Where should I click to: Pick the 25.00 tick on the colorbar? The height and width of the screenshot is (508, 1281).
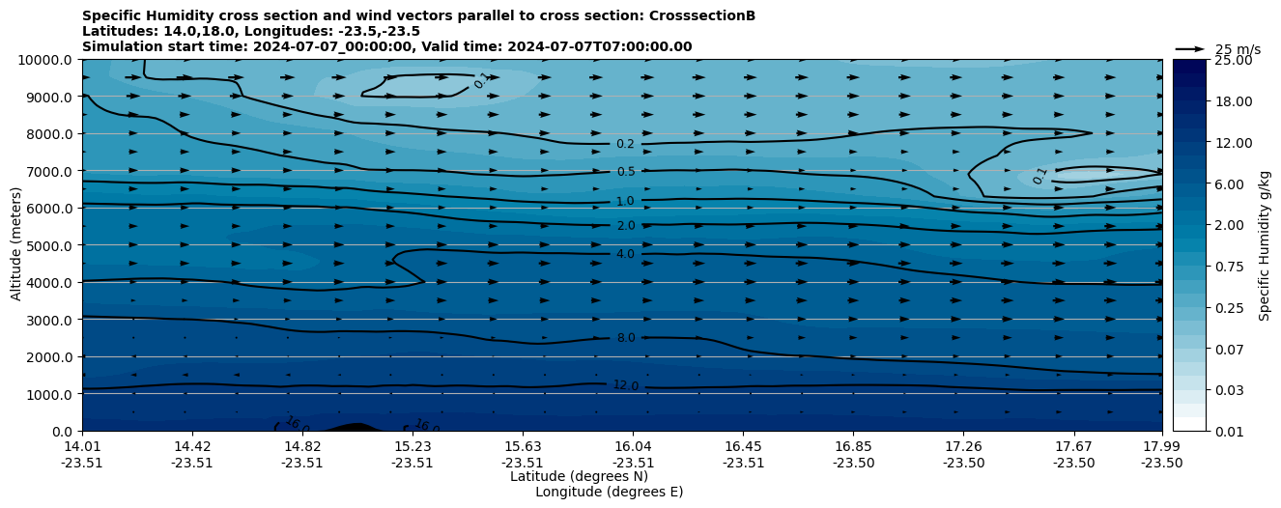point(1231,60)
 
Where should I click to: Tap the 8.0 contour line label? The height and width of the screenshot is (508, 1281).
point(626,338)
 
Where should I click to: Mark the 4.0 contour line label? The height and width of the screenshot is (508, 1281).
point(626,254)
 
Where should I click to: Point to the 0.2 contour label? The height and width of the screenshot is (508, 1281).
point(626,144)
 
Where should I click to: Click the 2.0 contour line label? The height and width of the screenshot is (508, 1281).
point(626,226)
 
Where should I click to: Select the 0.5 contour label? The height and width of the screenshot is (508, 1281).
point(626,172)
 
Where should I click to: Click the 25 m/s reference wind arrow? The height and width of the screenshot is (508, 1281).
point(1189,49)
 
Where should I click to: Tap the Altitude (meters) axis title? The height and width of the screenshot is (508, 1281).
point(16,245)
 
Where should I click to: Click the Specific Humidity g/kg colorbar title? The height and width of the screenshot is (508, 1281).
point(1265,245)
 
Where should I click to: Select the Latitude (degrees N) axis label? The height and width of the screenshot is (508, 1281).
point(579,476)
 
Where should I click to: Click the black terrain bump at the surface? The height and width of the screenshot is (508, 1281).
point(355,427)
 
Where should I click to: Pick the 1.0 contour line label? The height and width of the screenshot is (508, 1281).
point(626,201)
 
